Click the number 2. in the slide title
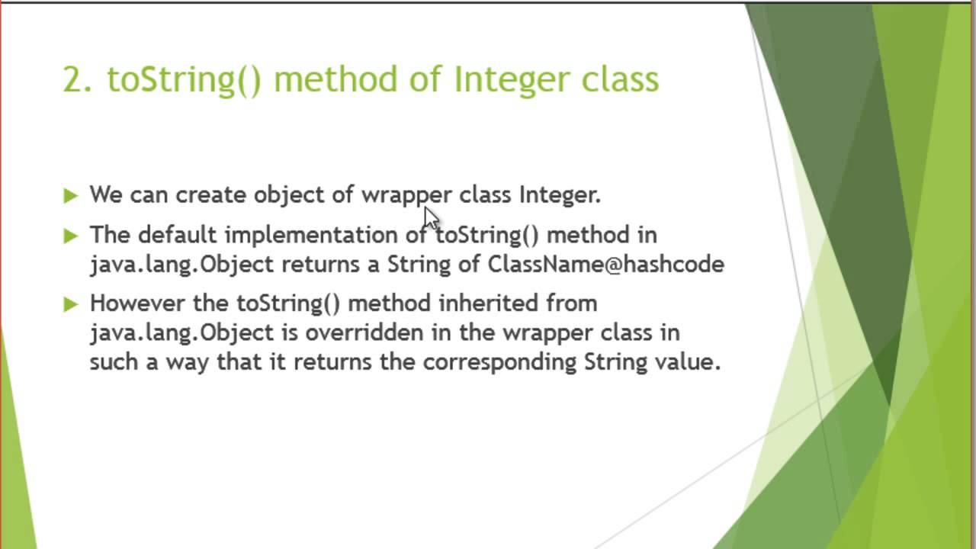pyautogui.click(x=77, y=79)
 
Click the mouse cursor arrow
pyautogui.click(x=432, y=217)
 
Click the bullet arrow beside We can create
pyautogui.click(x=71, y=196)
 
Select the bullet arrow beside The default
pyautogui.click(x=71, y=236)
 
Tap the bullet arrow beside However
pyautogui.click(x=71, y=304)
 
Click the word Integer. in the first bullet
pyautogui.click(x=560, y=195)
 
